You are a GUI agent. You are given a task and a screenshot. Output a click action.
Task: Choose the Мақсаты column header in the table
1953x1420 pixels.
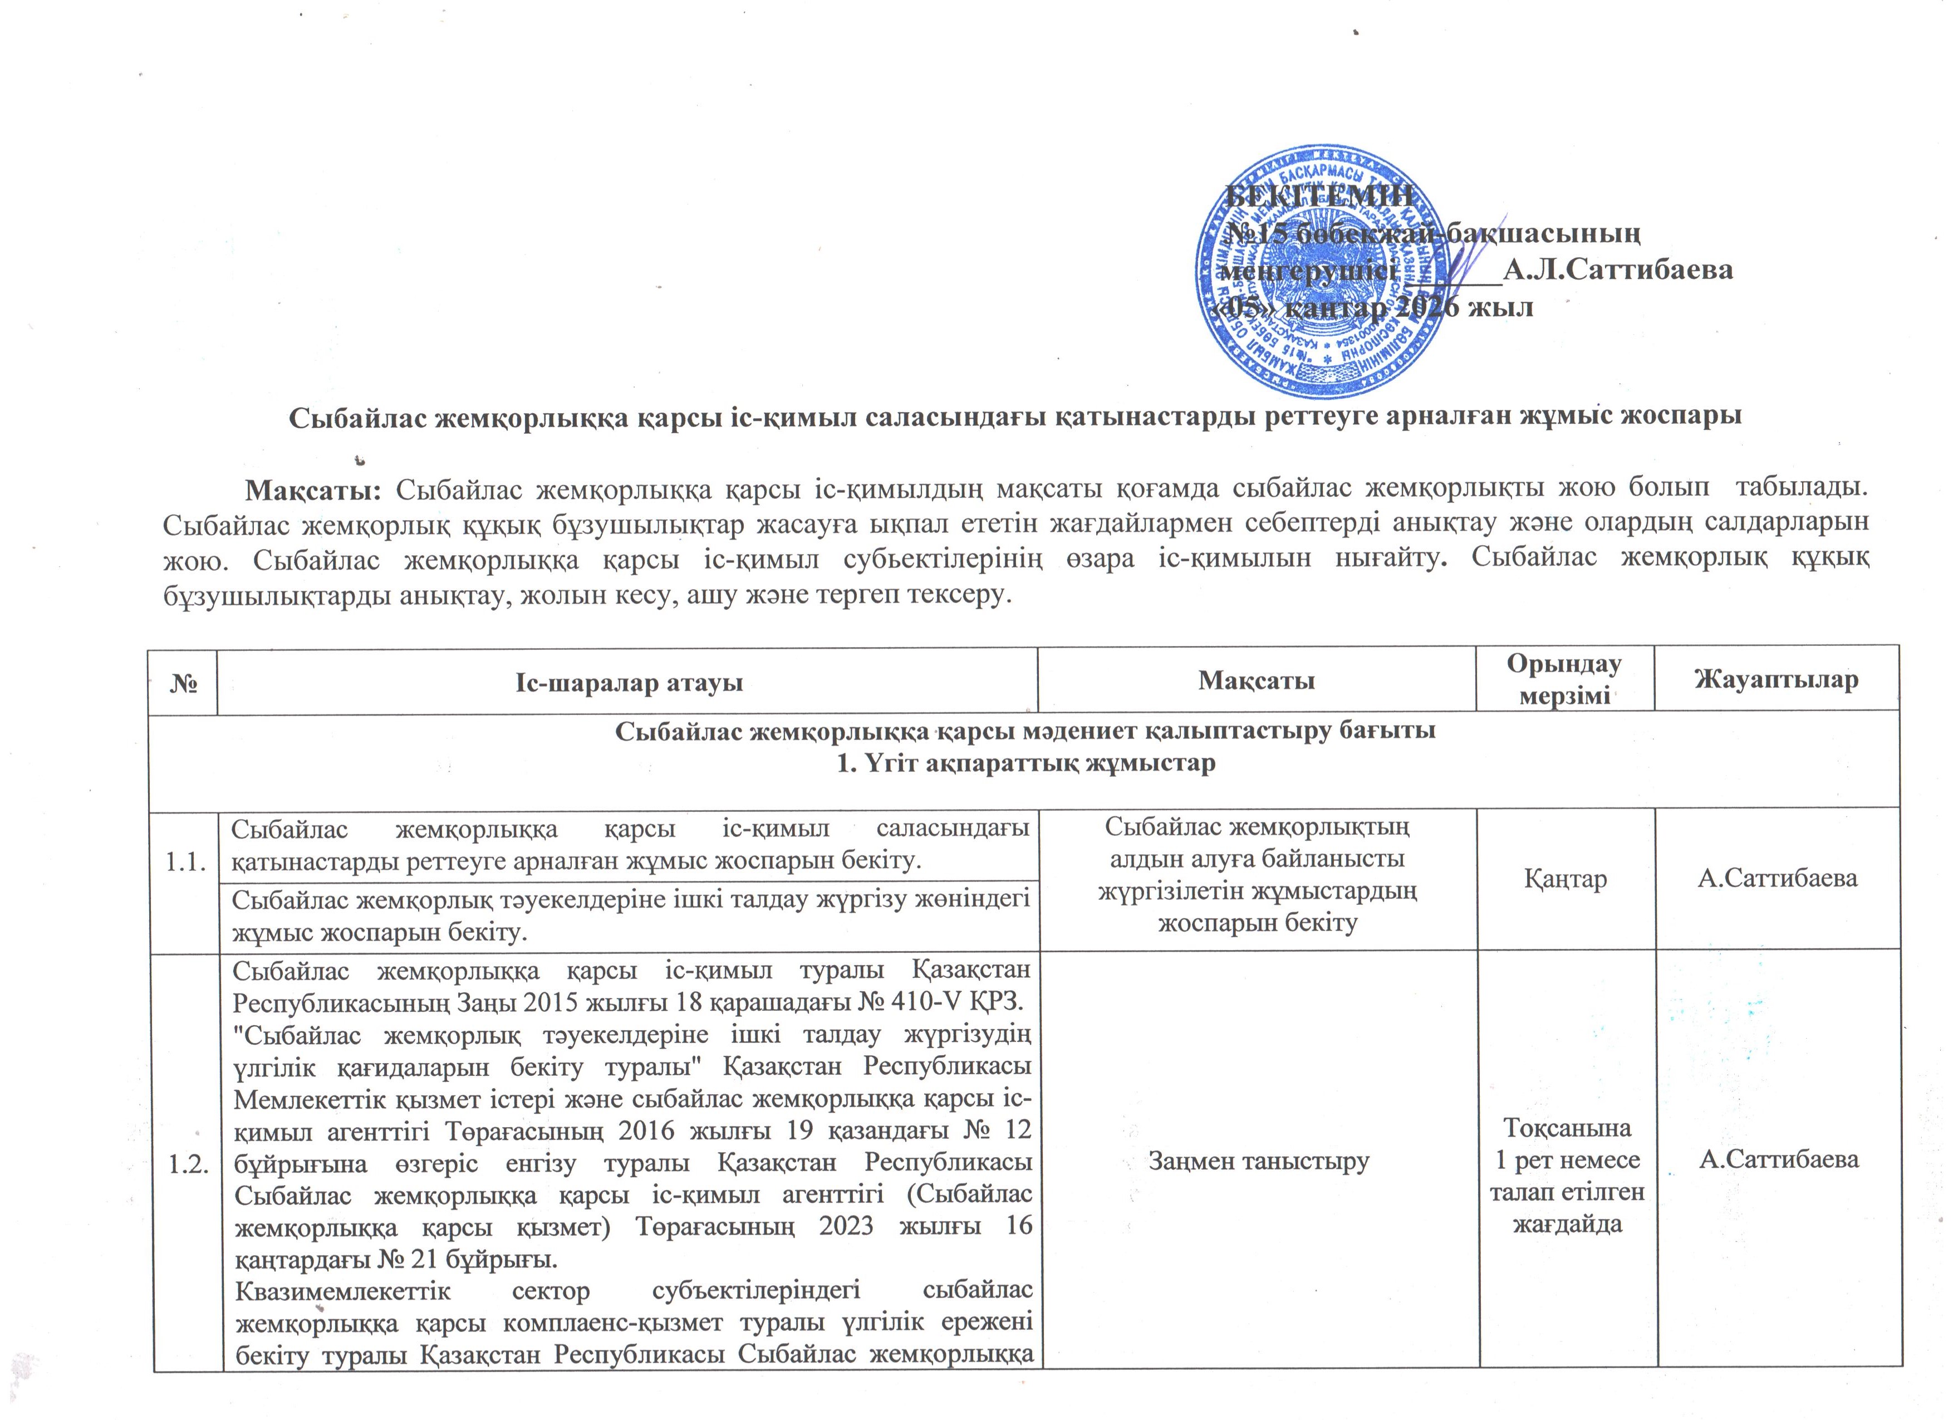[1257, 681]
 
